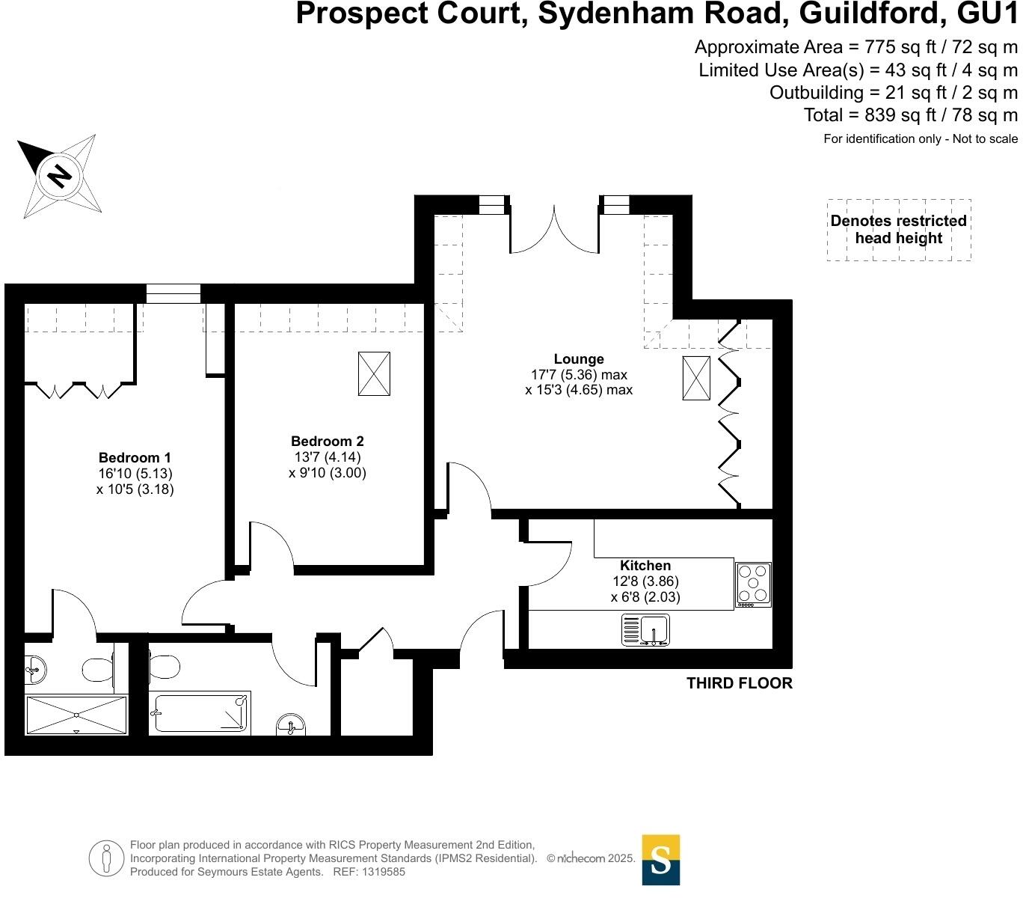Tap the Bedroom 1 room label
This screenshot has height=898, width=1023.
135,458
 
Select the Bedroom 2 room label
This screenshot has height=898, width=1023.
328,442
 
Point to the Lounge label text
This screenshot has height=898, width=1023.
579,359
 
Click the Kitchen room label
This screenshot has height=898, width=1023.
645,566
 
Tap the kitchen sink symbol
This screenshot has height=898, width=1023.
646,630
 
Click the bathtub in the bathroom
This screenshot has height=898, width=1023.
200,713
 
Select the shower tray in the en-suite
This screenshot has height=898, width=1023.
76,715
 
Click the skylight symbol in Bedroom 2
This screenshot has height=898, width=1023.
374,373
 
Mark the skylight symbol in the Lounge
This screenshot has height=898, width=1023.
696,378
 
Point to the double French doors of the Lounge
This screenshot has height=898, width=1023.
554,229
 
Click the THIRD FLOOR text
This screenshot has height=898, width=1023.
739,683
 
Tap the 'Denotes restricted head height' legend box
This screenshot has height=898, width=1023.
899,230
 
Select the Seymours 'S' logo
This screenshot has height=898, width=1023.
661,860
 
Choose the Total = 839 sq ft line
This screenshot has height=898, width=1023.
910,115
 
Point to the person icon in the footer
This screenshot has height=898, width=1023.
106,858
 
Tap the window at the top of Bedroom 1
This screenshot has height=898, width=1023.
173,293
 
